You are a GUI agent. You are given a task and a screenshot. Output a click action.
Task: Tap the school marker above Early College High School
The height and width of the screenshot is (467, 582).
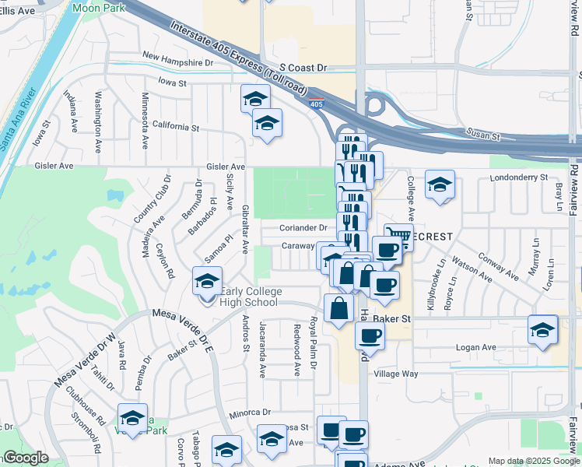208,283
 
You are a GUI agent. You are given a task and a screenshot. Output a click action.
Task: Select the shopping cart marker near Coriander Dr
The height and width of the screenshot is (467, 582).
398,237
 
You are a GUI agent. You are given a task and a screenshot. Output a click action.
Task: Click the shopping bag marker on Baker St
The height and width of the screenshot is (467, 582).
339,309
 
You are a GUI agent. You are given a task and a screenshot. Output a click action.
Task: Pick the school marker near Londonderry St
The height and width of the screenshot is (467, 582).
440,186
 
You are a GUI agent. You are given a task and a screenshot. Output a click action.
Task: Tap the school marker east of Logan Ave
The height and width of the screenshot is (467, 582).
542,330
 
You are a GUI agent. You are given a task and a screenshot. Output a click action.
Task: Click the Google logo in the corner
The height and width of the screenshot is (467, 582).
26,458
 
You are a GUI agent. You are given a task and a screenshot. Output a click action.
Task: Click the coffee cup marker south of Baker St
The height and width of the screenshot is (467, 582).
370,336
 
